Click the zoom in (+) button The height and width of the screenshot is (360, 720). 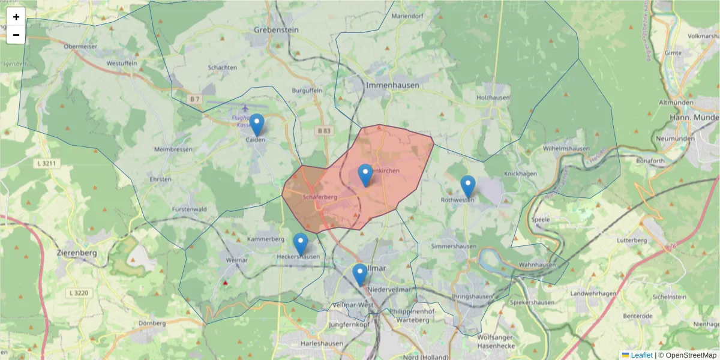(x=16, y=17)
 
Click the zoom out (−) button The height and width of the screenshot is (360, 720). (x=16, y=35)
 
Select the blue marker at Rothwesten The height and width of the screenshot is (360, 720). (x=467, y=187)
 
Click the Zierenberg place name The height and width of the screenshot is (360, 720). (x=76, y=253)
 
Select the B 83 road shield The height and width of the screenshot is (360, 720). (x=324, y=130)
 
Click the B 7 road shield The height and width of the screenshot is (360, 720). (x=194, y=98)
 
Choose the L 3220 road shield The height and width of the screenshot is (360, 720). (x=78, y=293)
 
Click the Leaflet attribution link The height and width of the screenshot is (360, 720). (x=641, y=355)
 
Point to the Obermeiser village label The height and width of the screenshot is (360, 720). (x=80, y=46)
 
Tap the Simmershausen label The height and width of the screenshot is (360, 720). (x=454, y=247)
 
